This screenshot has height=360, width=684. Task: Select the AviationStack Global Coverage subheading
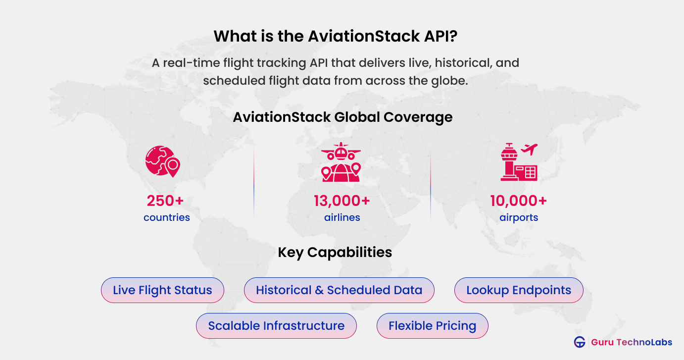pyautogui.click(x=342, y=117)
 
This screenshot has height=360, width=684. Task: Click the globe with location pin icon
pyautogui.click(x=162, y=162)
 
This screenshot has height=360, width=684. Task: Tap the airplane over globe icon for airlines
pyautogui.click(x=341, y=162)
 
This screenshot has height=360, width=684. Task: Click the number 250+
pyautogui.click(x=165, y=201)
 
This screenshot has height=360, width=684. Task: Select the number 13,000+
pyautogui.click(x=342, y=201)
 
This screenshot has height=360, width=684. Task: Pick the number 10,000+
pyautogui.click(x=518, y=201)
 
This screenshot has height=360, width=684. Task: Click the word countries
pyautogui.click(x=166, y=217)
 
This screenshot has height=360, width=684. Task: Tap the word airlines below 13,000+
pyautogui.click(x=342, y=217)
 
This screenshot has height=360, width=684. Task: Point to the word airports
pyautogui.click(x=519, y=217)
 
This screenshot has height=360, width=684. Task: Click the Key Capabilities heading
pyautogui.click(x=335, y=252)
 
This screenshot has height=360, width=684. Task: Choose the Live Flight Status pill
pyautogui.click(x=162, y=290)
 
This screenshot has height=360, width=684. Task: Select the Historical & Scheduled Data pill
pyautogui.click(x=339, y=290)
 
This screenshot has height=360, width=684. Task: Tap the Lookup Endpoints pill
pyautogui.click(x=519, y=290)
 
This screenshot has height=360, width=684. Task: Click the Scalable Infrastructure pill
pyautogui.click(x=276, y=326)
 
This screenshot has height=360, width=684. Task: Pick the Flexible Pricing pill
pyautogui.click(x=432, y=326)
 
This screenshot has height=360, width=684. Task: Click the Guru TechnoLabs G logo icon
pyautogui.click(x=580, y=342)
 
